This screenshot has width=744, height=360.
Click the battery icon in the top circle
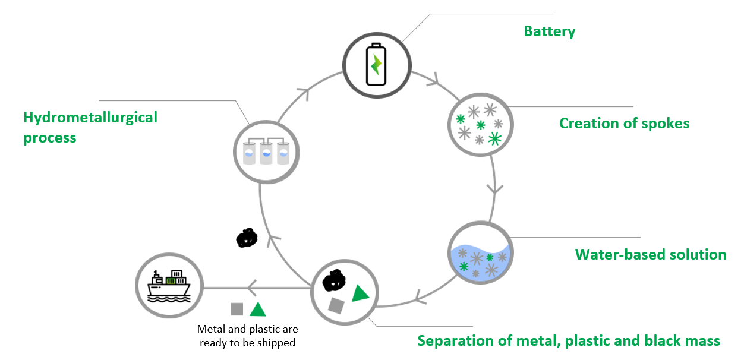coord(376,64)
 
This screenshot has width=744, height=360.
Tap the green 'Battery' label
coord(549,31)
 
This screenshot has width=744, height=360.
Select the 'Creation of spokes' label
coord(624,123)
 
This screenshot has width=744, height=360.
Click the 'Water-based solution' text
coord(650,255)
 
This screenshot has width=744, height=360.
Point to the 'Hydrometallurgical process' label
coord(90,127)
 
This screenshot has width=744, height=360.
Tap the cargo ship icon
coord(169,286)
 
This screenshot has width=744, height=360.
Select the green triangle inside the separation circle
coord(360,293)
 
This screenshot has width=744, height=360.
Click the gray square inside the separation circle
coord(336,306)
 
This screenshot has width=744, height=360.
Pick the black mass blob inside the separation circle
coord(334,280)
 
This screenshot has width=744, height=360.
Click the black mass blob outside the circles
coord(246,238)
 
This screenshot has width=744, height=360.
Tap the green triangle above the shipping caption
coord(257,310)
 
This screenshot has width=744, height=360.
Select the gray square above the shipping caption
coord(237,309)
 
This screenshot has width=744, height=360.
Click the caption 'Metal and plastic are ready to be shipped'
coord(247,336)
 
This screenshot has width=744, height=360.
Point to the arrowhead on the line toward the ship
coord(252,289)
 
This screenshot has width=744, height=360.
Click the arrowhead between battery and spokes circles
coord(437,78)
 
